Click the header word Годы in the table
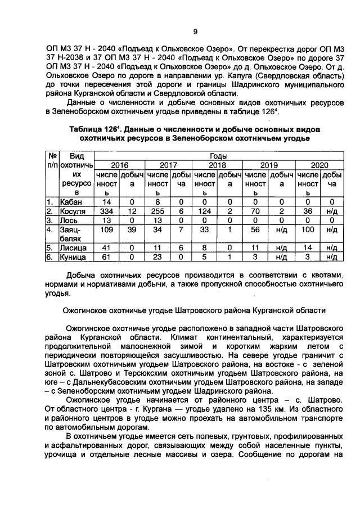click(x=218, y=155)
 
